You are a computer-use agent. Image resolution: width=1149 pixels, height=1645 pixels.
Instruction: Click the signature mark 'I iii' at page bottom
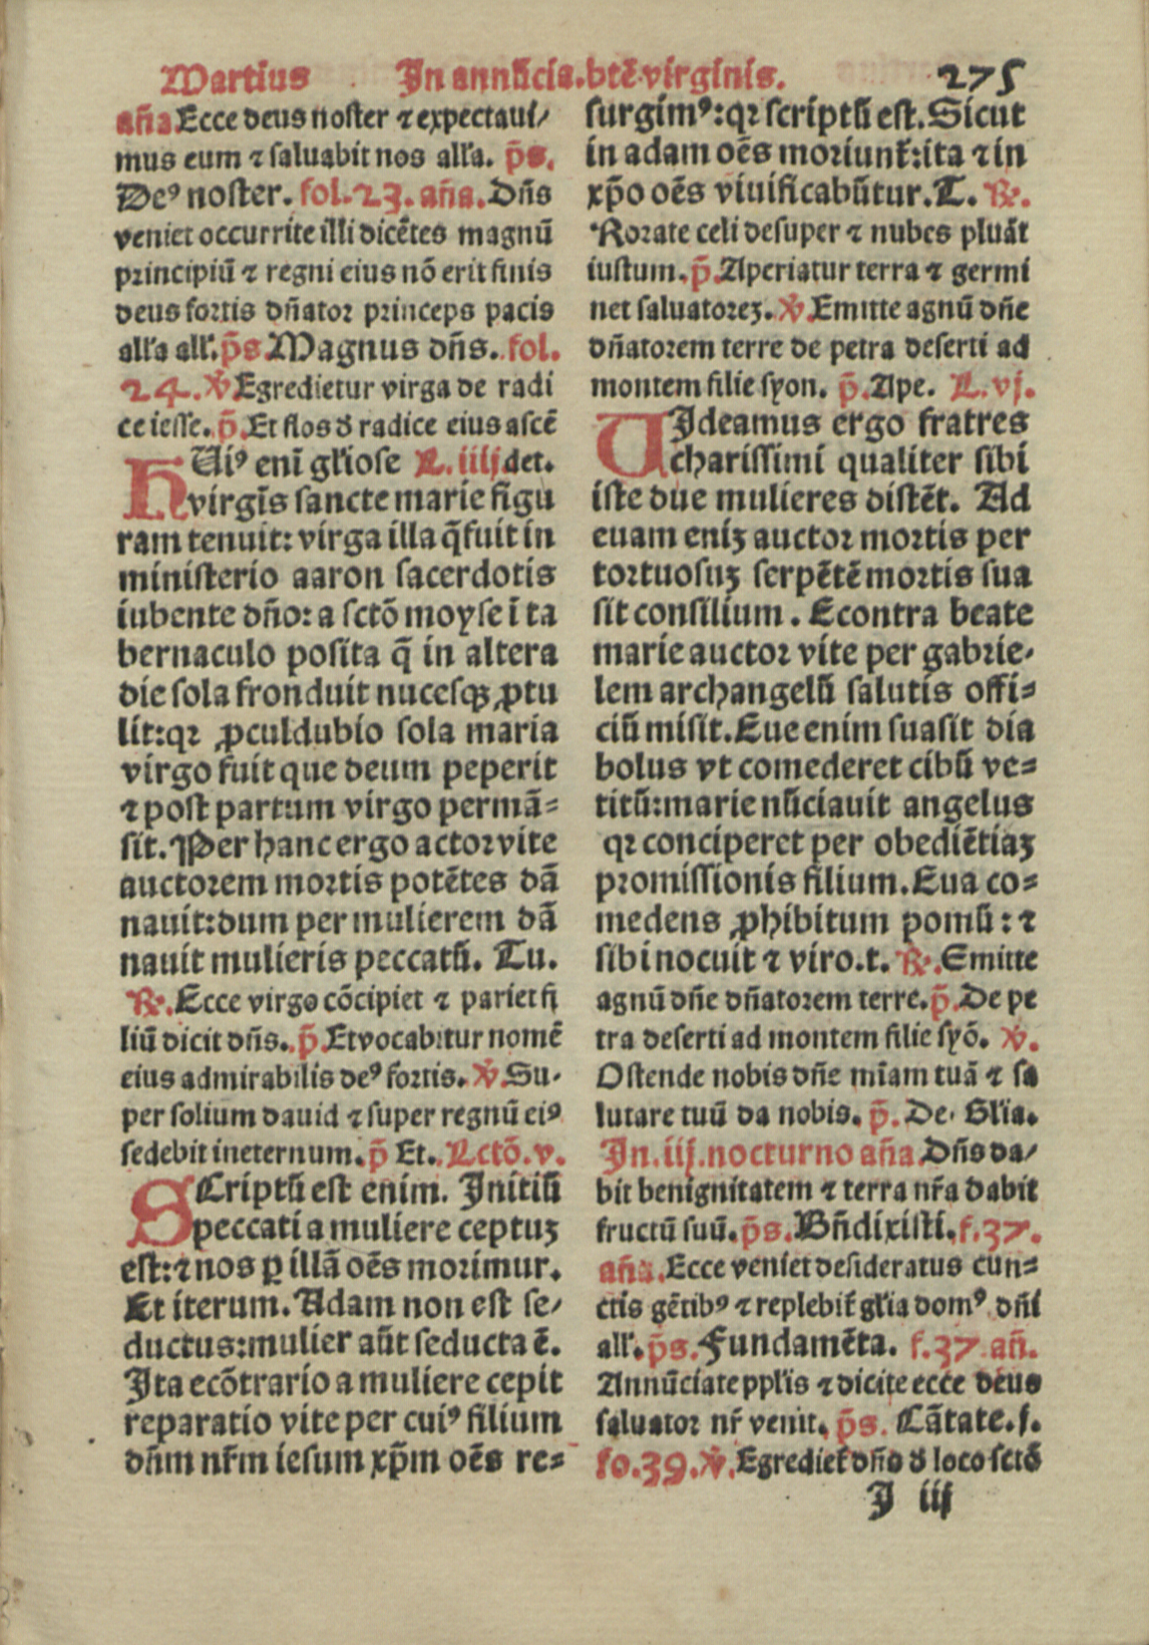click(909, 1501)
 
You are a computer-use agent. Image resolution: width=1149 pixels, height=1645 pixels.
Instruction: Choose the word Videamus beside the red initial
click(738, 423)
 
